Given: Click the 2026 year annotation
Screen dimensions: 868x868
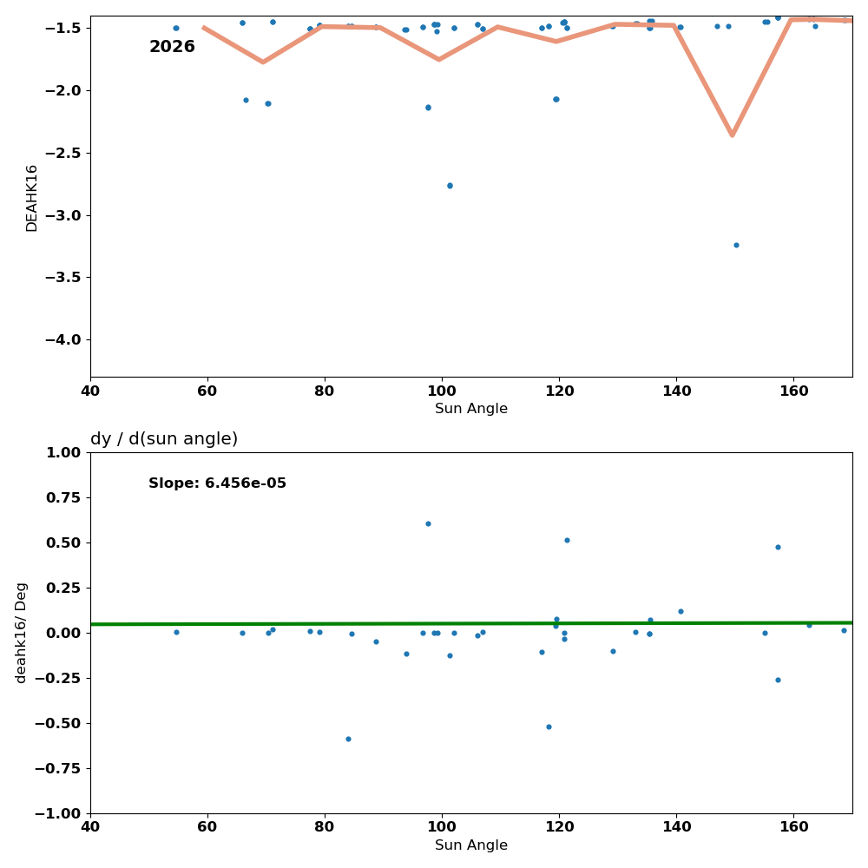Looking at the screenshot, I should point(172,47).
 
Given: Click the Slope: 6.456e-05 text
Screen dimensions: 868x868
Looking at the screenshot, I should point(217,483).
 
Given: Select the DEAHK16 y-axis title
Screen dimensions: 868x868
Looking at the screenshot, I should point(32,197).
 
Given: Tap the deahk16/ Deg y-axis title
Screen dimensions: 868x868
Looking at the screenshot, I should point(22,632).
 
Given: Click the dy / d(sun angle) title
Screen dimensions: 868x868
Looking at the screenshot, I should point(164,439).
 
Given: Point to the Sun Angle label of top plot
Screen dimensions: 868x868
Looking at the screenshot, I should point(471,409).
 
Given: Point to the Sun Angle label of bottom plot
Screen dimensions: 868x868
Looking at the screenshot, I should point(471,845).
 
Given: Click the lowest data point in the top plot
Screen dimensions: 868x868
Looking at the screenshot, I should point(736,245).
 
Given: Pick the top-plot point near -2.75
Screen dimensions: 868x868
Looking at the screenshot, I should point(450,186).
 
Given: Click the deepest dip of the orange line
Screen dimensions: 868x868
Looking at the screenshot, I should point(732,135).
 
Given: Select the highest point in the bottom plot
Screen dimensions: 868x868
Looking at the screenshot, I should point(428,523).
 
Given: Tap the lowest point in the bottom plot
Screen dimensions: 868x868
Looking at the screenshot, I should point(348,739).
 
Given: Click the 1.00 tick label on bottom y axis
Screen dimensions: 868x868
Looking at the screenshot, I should point(63,452).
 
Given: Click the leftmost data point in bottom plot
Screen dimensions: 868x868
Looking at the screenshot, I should point(176,632).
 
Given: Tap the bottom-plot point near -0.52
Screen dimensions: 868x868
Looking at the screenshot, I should point(549,727).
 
